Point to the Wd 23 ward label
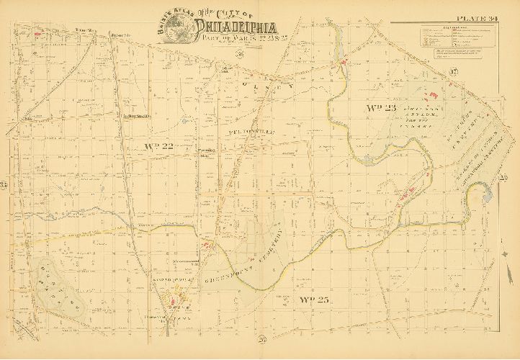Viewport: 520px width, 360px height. pos(382,108)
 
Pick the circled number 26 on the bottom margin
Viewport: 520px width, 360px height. pos(262,339)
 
